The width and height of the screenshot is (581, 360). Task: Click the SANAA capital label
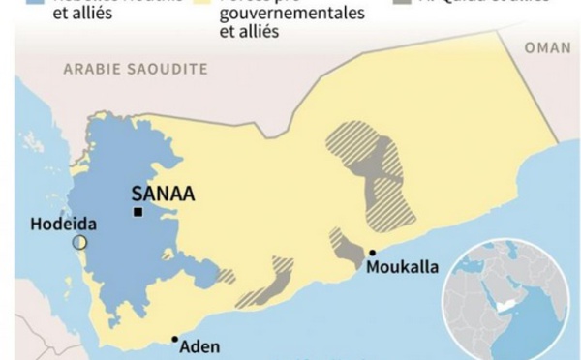pyautogui.click(x=163, y=194)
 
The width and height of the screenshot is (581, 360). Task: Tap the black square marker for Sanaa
pyautogui.click(x=139, y=212)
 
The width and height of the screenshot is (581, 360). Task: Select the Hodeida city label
pyautogui.click(x=63, y=222)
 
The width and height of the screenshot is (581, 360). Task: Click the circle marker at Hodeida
pyautogui.click(x=79, y=241)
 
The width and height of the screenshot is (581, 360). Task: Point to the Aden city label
pyautogui.click(x=200, y=346)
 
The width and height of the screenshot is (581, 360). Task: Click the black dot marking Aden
pyautogui.click(x=174, y=339)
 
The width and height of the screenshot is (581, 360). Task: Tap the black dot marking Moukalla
pyautogui.click(x=372, y=254)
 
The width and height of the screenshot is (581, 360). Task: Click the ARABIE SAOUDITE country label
pyautogui.click(x=136, y=69)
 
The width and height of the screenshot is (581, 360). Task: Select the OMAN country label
pyautogui.click(x=547, y=47)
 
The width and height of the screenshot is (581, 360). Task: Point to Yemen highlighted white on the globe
pyautogui.click(x=503, y=303)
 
